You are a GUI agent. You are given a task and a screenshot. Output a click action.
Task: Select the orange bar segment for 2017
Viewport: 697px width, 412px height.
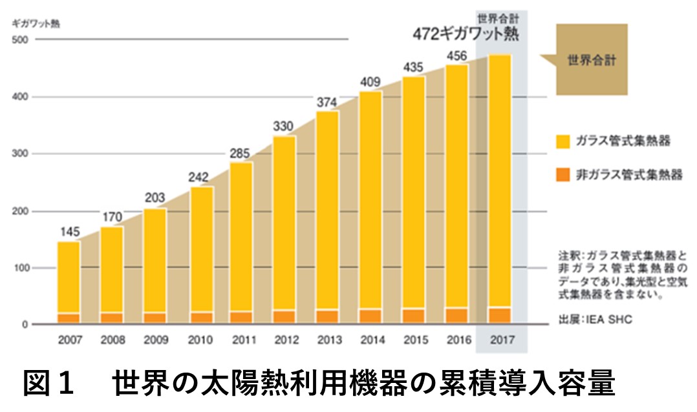(x=500, y=315)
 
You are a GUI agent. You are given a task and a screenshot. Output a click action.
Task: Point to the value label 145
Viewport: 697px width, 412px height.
(x=69, y=231)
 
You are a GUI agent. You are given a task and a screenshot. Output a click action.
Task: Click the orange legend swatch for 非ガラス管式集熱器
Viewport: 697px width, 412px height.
(x=564, y=174)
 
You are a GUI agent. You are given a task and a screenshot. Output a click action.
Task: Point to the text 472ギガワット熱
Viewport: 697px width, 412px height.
(x=466, y=33)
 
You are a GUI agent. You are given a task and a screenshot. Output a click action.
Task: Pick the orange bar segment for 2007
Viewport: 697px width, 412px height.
(x=69, y=318)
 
